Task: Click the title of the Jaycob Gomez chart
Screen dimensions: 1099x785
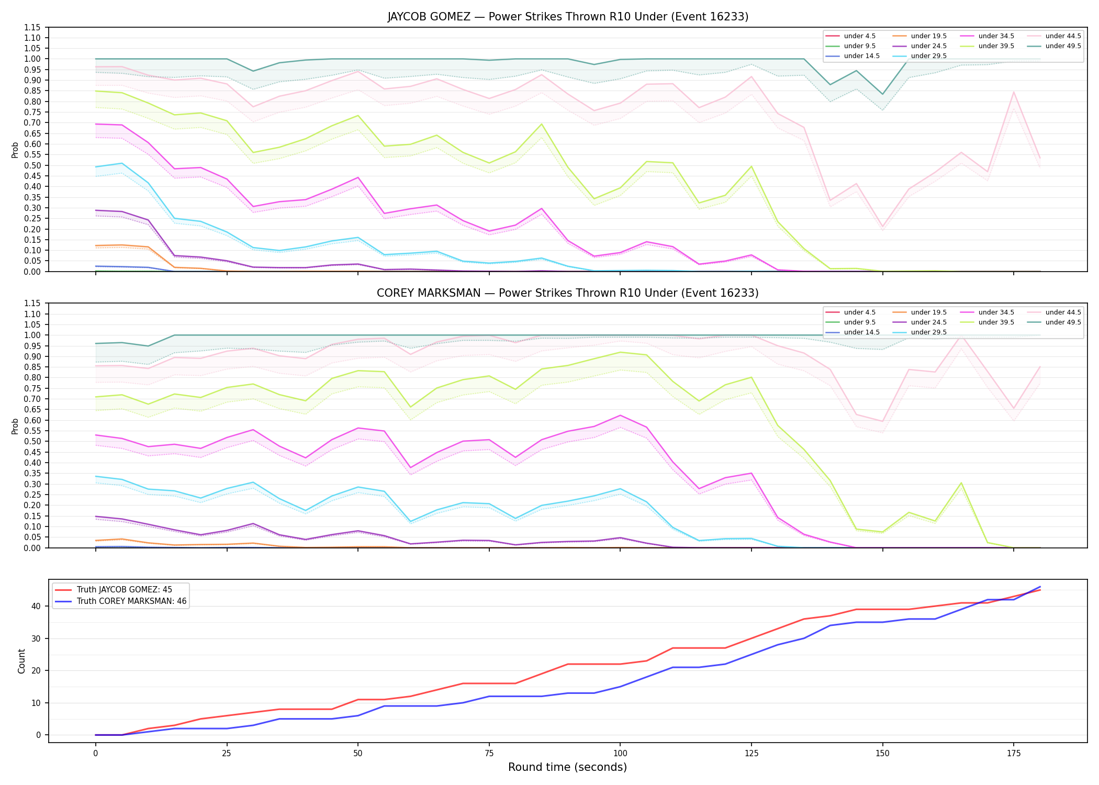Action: tap(568, 17)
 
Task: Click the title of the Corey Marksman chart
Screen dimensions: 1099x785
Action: tap(568, 293)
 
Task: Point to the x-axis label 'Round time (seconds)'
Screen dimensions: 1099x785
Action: tap(568, 767)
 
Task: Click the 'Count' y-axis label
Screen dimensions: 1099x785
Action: tap(21, 661)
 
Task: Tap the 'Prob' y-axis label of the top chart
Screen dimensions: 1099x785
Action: tap(15, 150)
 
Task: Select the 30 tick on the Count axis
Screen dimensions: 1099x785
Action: tap(36, 638)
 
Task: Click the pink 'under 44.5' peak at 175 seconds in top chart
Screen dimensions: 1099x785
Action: tap(1014, 92)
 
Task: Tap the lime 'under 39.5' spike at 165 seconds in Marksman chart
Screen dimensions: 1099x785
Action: tap(961, 483)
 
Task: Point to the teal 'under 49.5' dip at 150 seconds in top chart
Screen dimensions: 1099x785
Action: tap(883, 94)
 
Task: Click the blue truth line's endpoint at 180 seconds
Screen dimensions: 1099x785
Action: tap(1040, 587)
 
